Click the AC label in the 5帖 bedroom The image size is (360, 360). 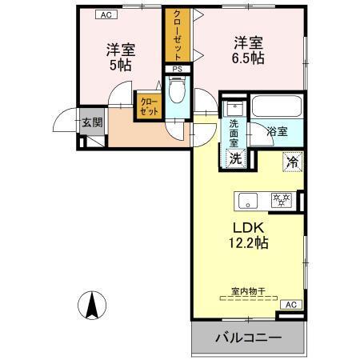tap(105, 14)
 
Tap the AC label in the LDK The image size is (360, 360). tap(291, 304)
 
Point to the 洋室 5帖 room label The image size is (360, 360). tap(121, 57)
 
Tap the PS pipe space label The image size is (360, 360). tap(177, 70)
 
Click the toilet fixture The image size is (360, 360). tap(178, 91)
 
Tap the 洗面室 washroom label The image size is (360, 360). tap(234, 132)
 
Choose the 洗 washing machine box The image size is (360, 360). tap(235, 158)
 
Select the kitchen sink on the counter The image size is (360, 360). tap(246, 199)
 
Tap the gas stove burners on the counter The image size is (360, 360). tap(280, 199)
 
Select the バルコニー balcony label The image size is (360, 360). tap(248, 338)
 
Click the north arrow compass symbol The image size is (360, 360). tap(94, 305)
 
